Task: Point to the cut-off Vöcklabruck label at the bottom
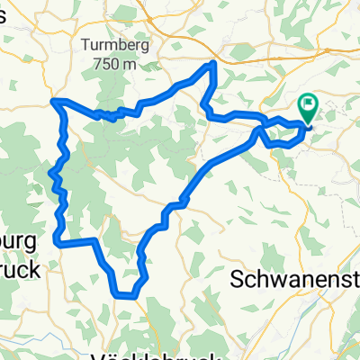point(139,355)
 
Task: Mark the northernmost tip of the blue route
point(214,62)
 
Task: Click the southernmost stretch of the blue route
point(126,293)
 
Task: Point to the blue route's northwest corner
point(55,101)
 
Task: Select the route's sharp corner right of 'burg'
point(57,241)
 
